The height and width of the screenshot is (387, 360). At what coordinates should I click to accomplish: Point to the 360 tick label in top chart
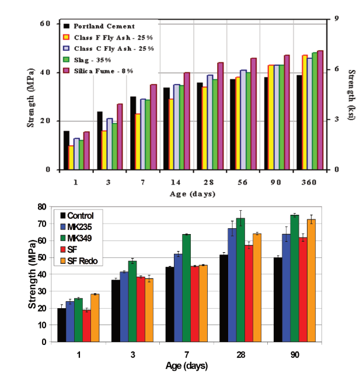click(x=308, y=182)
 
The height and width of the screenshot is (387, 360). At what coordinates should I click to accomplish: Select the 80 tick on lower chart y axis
click(x=41, y=207)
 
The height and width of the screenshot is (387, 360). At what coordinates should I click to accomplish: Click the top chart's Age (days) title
click(x=193, y=194)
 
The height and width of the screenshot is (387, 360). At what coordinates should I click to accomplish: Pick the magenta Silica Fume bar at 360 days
click(x=320, y=110)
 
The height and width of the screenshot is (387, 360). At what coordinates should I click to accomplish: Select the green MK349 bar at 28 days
click(x=240, y=280)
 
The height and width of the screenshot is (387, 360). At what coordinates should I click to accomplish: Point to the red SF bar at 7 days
click(x=195, y=304)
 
